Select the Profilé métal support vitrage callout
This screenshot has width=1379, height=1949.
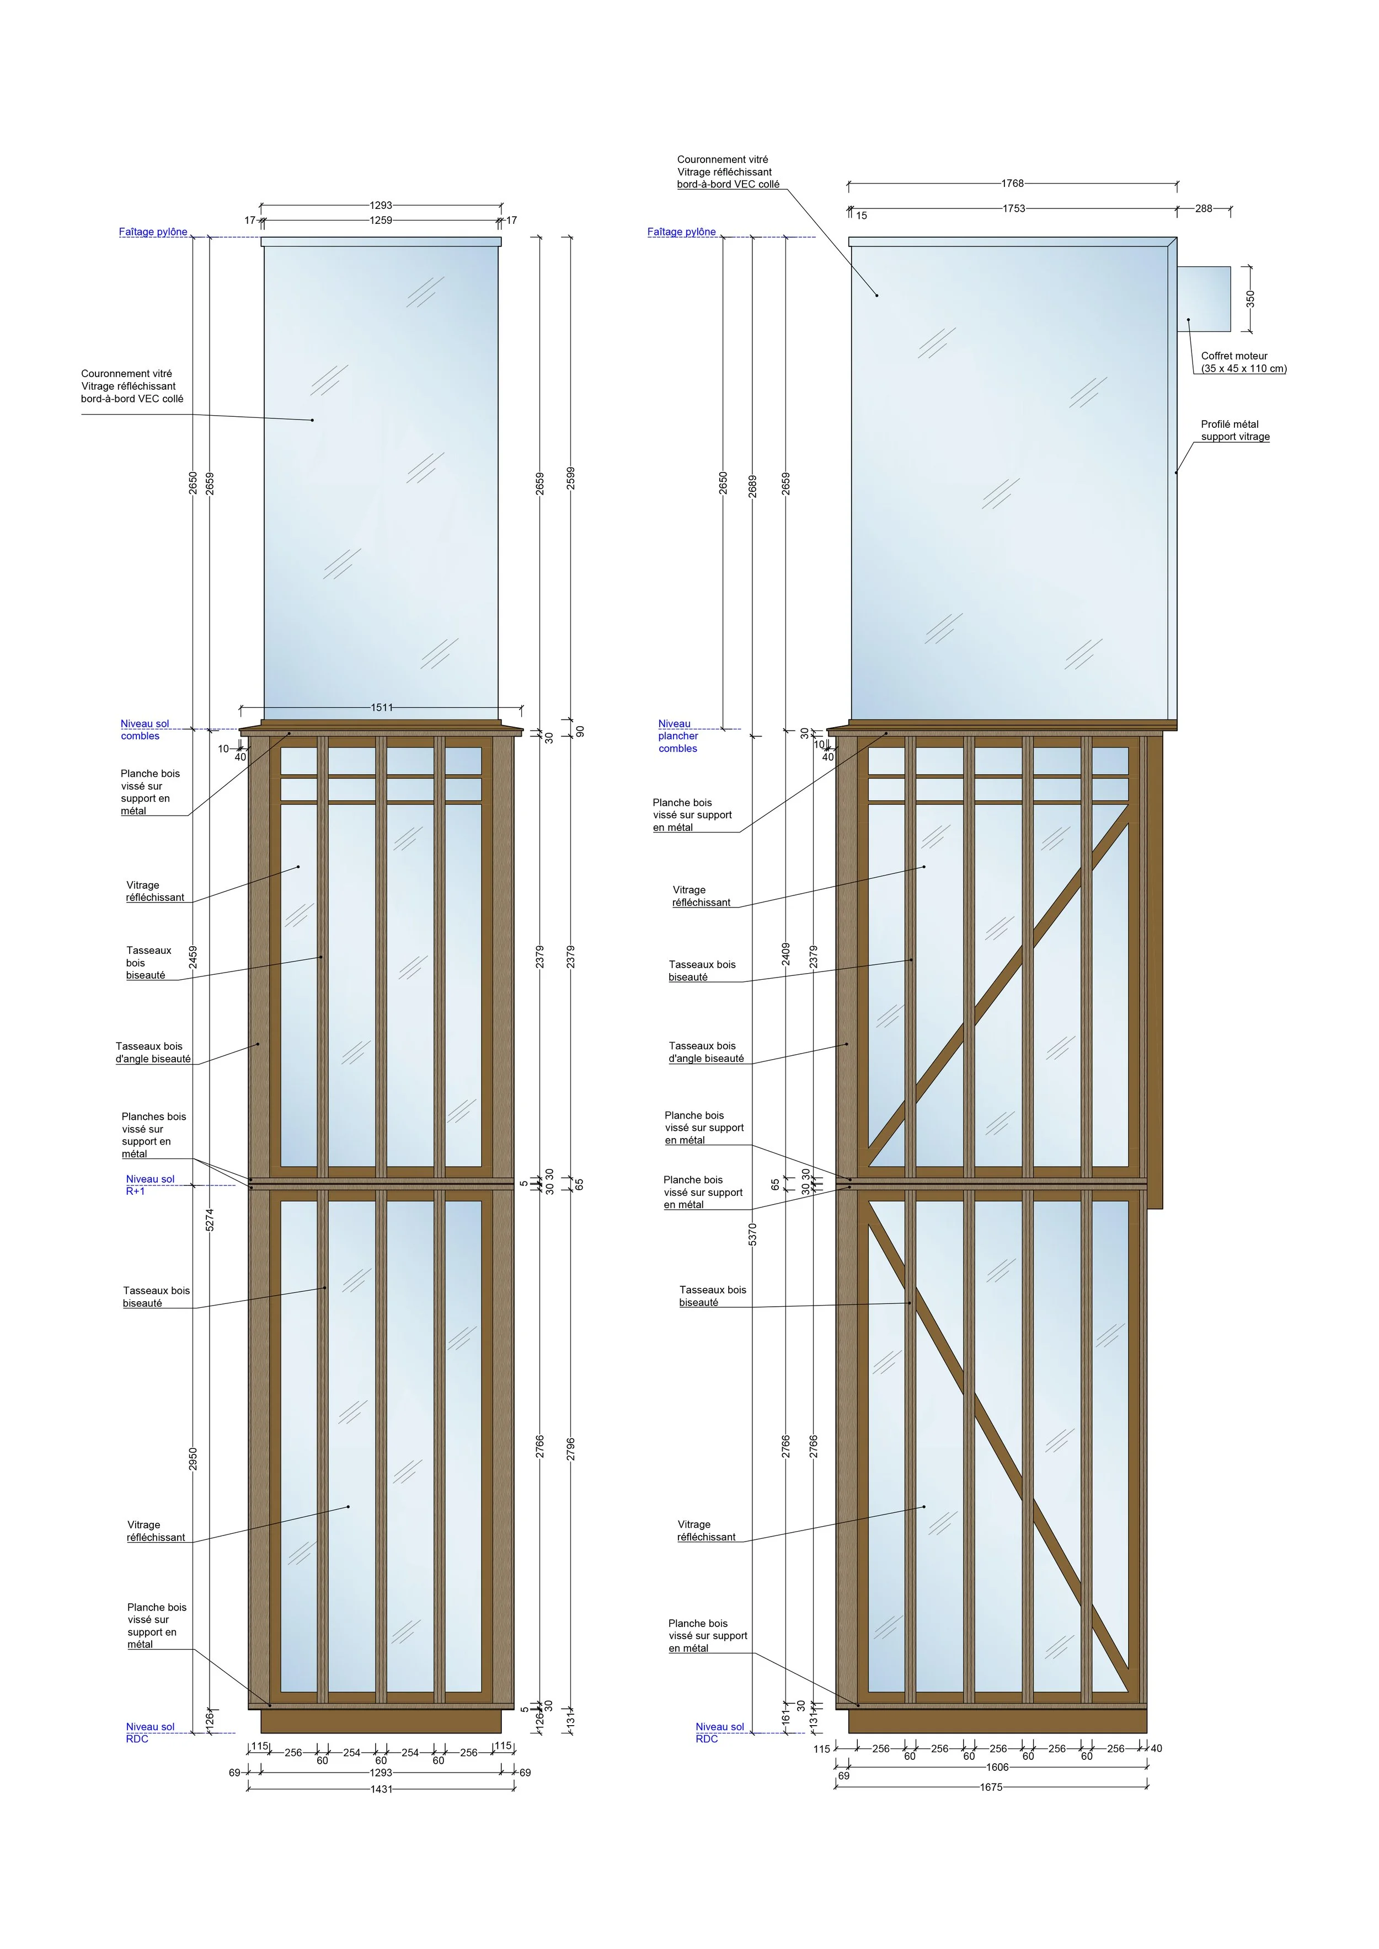pyautogui.click(x=1234, y=431)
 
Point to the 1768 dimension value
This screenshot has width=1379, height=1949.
pyautogui.click(x=1012, y=184)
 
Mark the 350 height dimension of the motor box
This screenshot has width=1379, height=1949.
pyautogui.click(x=1250, y=299)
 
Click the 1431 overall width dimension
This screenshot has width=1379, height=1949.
pyautogui.click(x=381, y=1789)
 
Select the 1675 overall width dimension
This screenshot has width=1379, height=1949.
pyautogui.click(x=991, y=1787)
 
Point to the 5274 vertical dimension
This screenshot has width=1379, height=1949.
pyautogui.click(x=210, y=1219)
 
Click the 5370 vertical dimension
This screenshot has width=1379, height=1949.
pyautogui.click(x=752, y=1234)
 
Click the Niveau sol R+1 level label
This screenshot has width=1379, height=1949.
pyautogui.click(x=149, y=1185)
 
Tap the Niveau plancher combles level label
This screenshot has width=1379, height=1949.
pyautogui.click(x=677, y=736)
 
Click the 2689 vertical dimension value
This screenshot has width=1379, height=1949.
pyautogui.click(x=752, y=486)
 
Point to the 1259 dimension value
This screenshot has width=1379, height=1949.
pyautogui.click(x=381, y=221)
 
